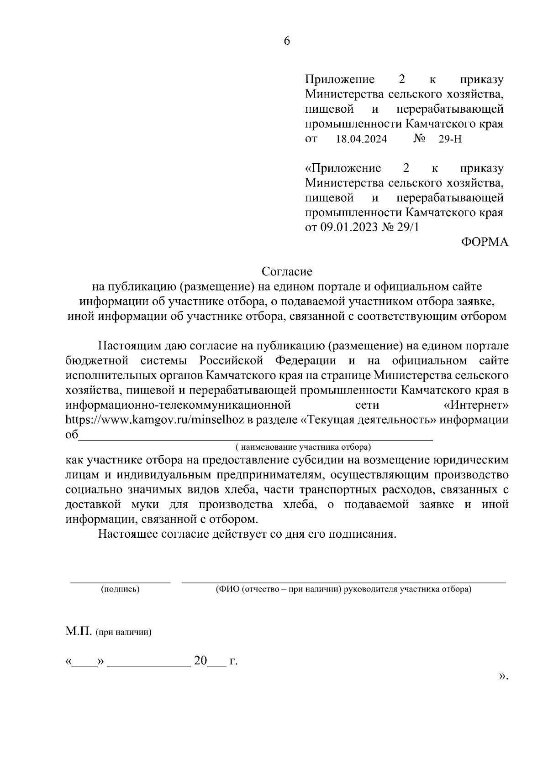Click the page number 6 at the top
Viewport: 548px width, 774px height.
pyautogui.click(x=287, y=41)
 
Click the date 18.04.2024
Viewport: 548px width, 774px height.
pyautogui.click(x=361, y=139)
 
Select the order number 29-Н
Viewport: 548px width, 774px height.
pyautogui.click(x=450, y=139)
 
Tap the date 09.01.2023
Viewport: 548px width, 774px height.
pyautogui.click(x=348, y=227)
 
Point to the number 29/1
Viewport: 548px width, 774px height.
pyautogui.click(x=408, y=227)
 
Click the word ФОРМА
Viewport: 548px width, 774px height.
pyautogui.click(x=484, y=242)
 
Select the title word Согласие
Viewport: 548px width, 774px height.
pyautogui.click(x=287, y=272)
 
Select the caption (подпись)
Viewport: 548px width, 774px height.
pyautogui.click(x=120, y=589)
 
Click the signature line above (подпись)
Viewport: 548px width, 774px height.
pyautogui.click(x=120, y=582)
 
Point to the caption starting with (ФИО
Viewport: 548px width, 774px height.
pyautogui.click(x=343, y=589)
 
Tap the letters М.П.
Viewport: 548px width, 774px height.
pyautogui.click(x=79, y=632)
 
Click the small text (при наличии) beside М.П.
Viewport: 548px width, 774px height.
pyautogui.click(x=124, y=633)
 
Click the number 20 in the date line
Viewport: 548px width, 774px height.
pyautogui.click(x=200, y=661)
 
